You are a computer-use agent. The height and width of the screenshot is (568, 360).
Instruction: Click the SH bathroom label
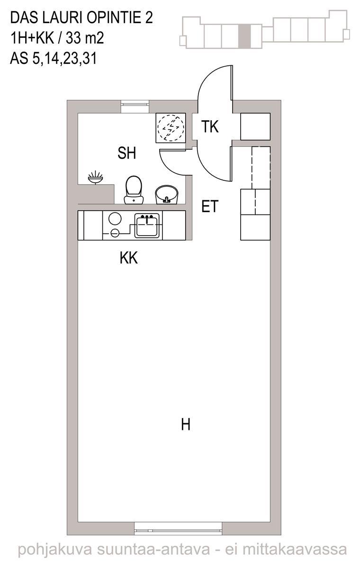126,153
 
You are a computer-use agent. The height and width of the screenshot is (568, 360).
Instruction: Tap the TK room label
210,126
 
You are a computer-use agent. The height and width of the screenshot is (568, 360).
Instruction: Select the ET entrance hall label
210,206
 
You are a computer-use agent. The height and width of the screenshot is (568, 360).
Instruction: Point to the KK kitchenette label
129,258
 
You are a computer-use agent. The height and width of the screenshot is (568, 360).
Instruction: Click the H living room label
186,425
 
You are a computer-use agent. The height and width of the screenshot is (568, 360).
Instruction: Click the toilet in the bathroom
134,190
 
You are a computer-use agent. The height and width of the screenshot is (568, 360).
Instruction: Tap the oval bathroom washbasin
167,195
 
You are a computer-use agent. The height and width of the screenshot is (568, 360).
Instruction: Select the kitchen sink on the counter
147,225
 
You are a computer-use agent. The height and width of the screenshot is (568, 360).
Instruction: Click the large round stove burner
115,218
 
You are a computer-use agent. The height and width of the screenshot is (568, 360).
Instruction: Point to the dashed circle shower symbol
171,127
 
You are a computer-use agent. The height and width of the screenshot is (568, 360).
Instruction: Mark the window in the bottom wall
178,528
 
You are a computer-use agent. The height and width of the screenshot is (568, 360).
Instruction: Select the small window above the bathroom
135,106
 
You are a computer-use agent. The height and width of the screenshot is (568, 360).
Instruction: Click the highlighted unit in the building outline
244,36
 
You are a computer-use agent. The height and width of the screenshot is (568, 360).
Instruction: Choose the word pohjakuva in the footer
55,550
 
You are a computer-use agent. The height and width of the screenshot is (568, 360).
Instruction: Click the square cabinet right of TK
255,126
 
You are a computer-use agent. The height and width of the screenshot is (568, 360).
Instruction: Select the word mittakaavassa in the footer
295,550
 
